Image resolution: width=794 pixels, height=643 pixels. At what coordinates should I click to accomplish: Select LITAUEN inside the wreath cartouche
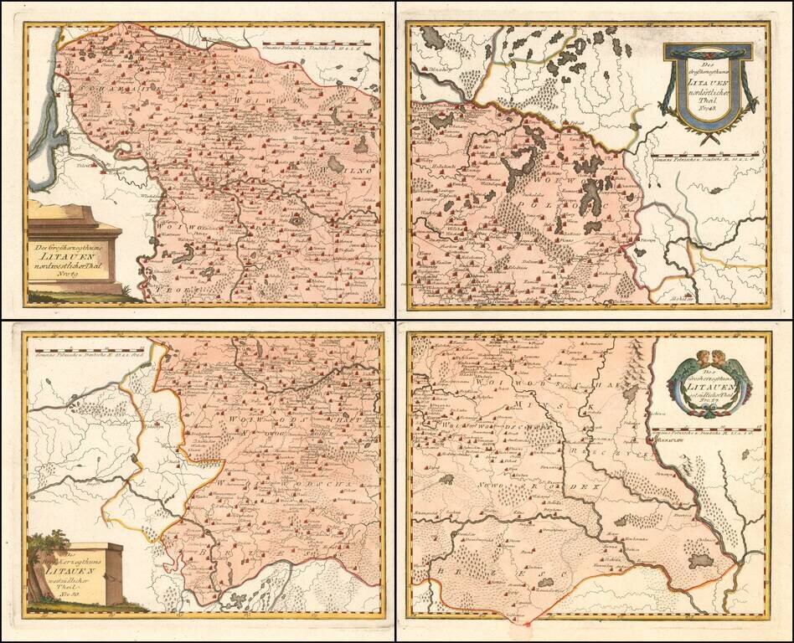pos(708,386)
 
